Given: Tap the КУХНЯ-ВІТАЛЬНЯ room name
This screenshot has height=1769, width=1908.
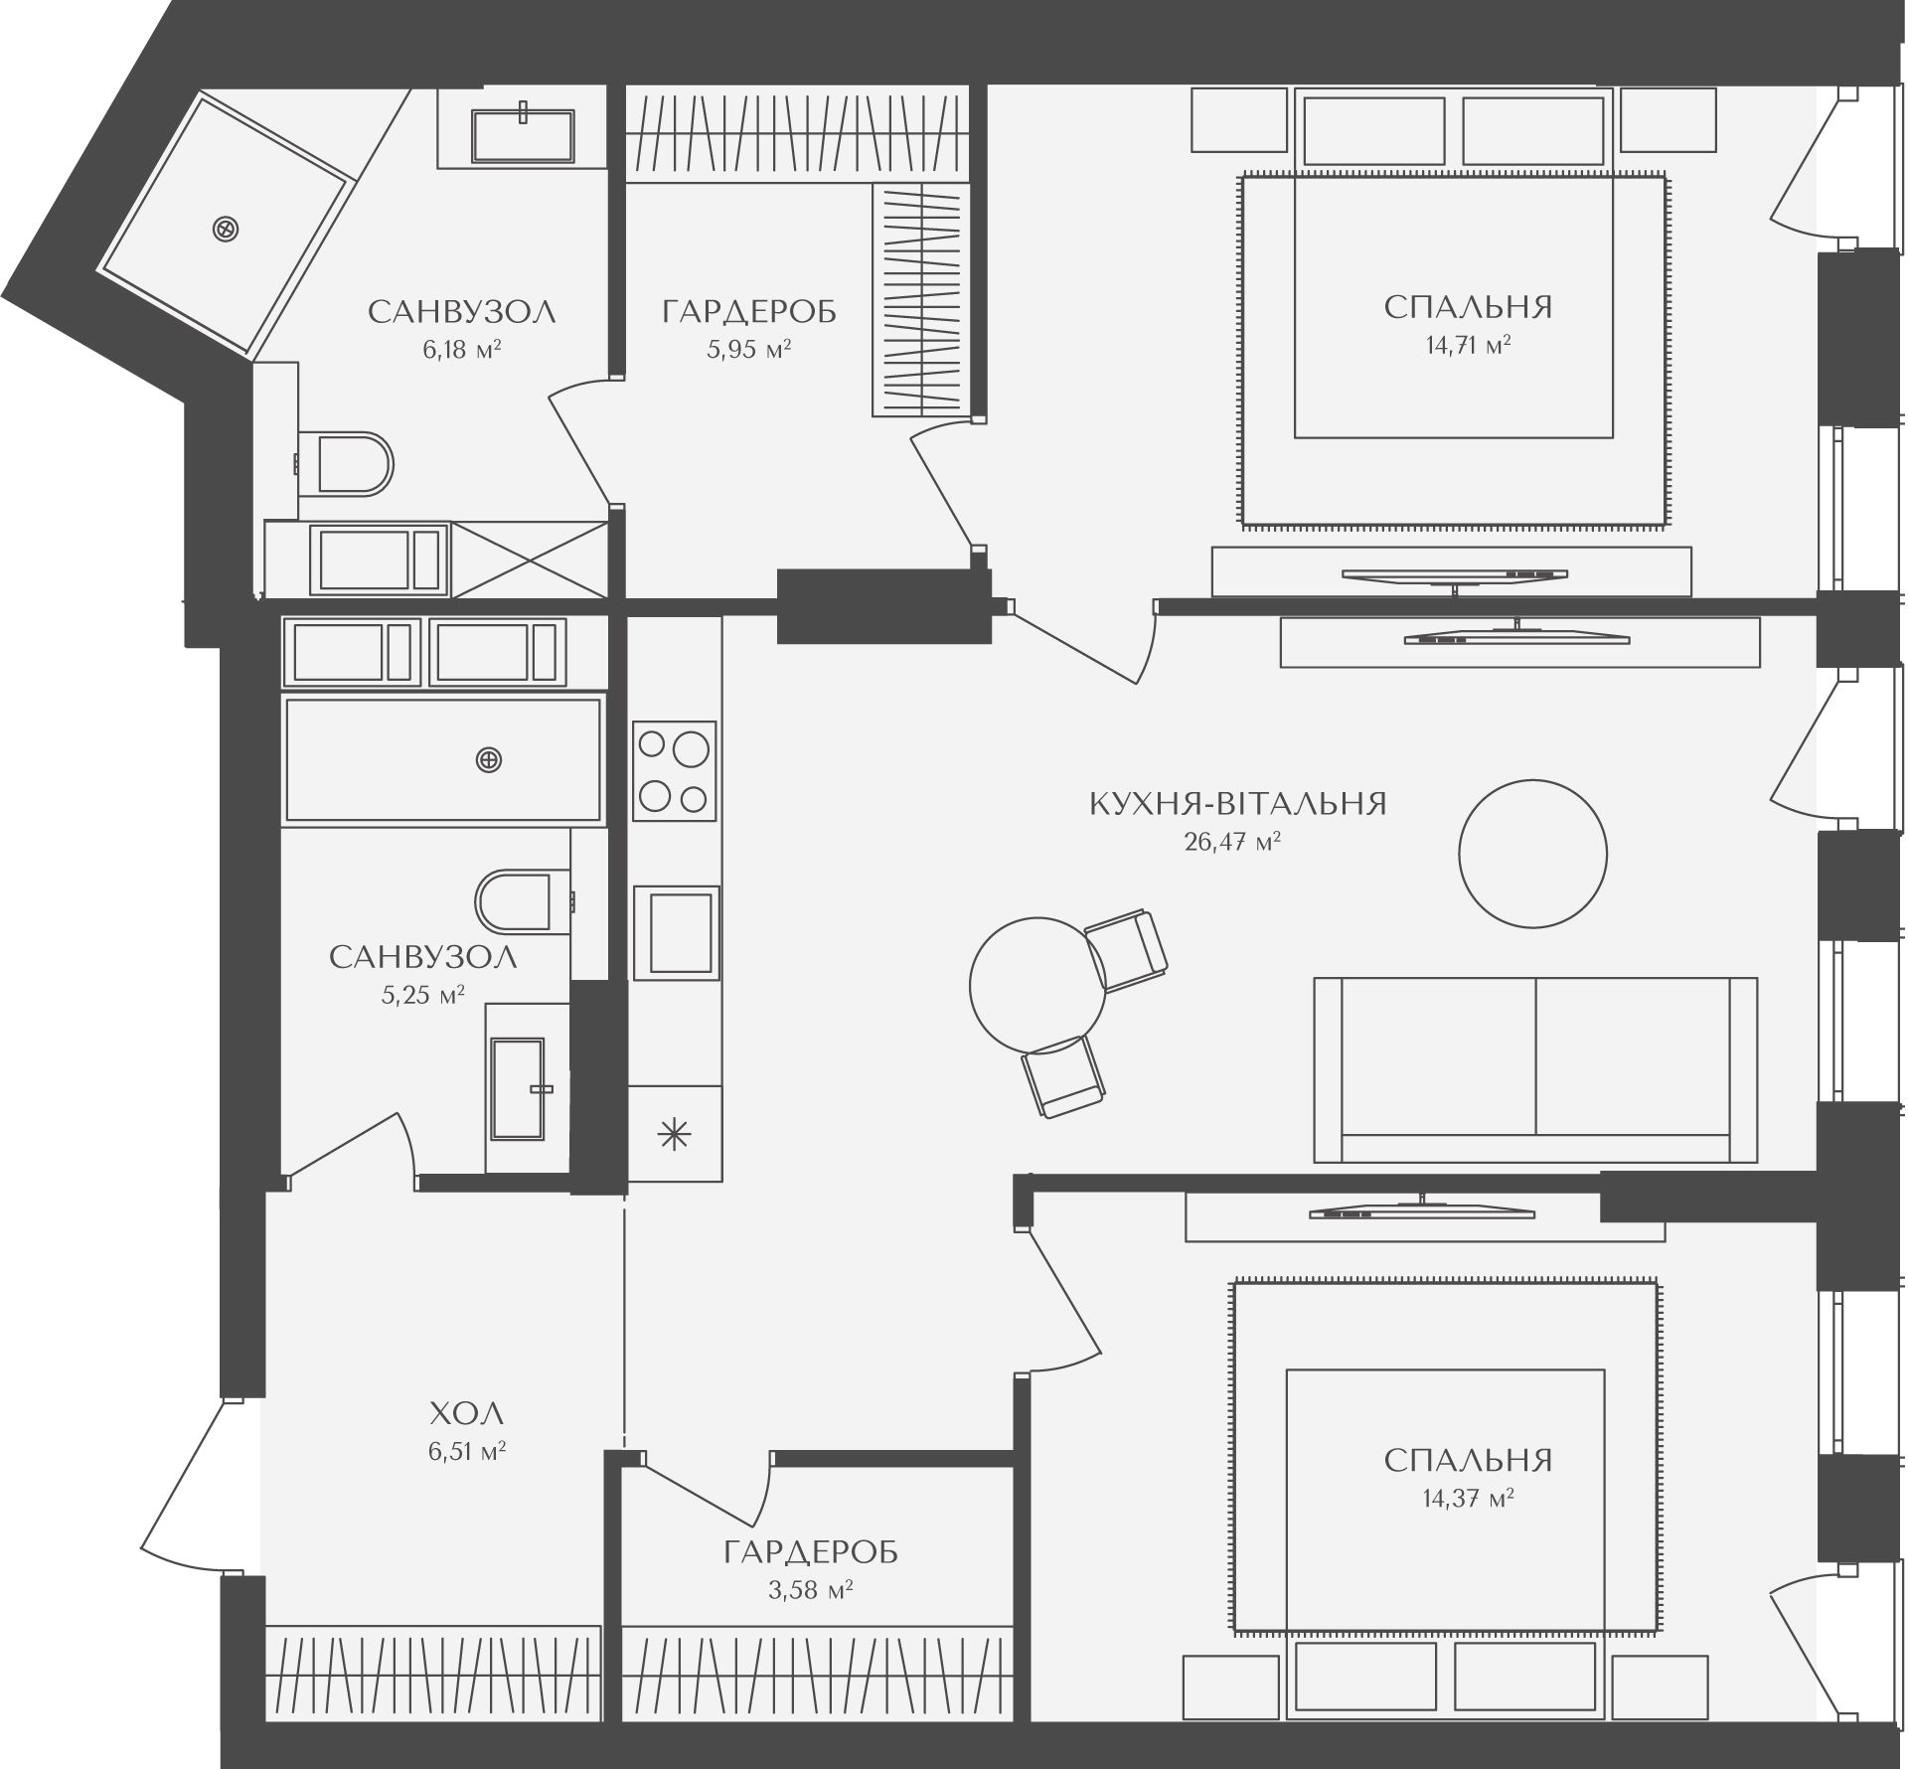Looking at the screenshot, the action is (1238, 803).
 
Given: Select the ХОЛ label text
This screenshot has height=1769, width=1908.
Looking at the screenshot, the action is (467, 1412).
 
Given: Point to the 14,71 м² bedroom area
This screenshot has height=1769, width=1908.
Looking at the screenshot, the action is (1468, 346).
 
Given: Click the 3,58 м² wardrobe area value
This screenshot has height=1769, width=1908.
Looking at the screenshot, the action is (811, 1590).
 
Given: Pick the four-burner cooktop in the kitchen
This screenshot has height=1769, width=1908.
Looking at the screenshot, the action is (675, 770).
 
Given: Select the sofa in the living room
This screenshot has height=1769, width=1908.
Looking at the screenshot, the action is (1535, 1070).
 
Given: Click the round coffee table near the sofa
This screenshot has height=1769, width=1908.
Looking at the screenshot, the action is (1532, 853).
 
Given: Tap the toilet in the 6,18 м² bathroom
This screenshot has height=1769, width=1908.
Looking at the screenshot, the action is (346, 463).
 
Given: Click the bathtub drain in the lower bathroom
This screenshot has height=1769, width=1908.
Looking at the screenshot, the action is (489, 760).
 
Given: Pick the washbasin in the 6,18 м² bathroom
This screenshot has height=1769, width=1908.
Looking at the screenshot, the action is (523, 135).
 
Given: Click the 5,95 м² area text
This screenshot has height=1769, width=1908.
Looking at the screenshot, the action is (748, 349).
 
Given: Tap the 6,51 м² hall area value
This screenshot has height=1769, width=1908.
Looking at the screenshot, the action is (467, 1452).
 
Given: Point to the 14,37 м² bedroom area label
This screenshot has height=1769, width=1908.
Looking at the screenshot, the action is (1468, 1498).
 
